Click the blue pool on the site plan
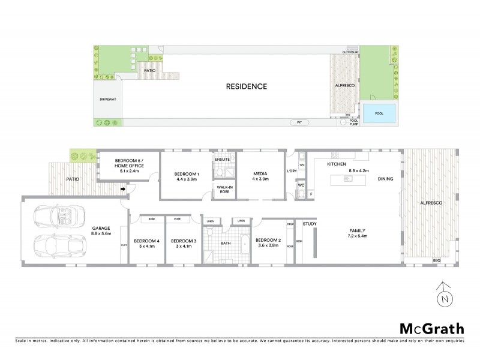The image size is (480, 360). point(379,112)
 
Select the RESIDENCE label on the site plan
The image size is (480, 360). point(246,86)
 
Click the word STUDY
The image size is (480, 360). point(310,224)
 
